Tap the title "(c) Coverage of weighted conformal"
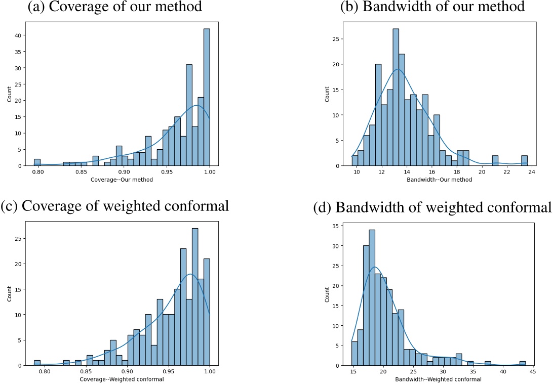(115, 206)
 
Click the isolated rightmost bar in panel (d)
(523, 363)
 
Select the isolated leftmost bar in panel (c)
(37, 363)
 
